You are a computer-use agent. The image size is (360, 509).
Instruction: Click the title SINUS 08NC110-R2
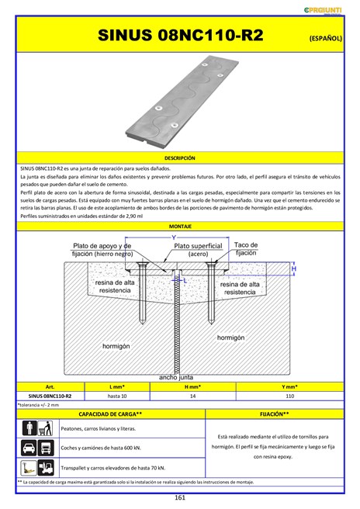(x=180, y=36)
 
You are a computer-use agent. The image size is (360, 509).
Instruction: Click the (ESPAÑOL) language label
(x=325, y=37)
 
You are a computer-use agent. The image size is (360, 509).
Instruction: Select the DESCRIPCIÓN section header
(x=180, y=158)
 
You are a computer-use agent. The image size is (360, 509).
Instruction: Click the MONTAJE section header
(x=180, y=226)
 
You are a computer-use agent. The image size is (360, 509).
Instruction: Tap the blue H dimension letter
(x=294, y=268)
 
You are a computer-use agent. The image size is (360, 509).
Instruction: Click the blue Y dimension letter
(x=173, y=237)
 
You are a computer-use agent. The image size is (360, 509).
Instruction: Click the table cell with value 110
(x=289, y=396)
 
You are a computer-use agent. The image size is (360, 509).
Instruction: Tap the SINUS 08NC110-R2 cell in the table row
(x=50, y=396)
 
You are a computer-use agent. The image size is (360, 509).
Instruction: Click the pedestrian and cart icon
(x=36, y=428)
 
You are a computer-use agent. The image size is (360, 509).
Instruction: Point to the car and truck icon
(x=36, y=448)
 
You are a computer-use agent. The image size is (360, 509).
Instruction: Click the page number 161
(x=179, y=497)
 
